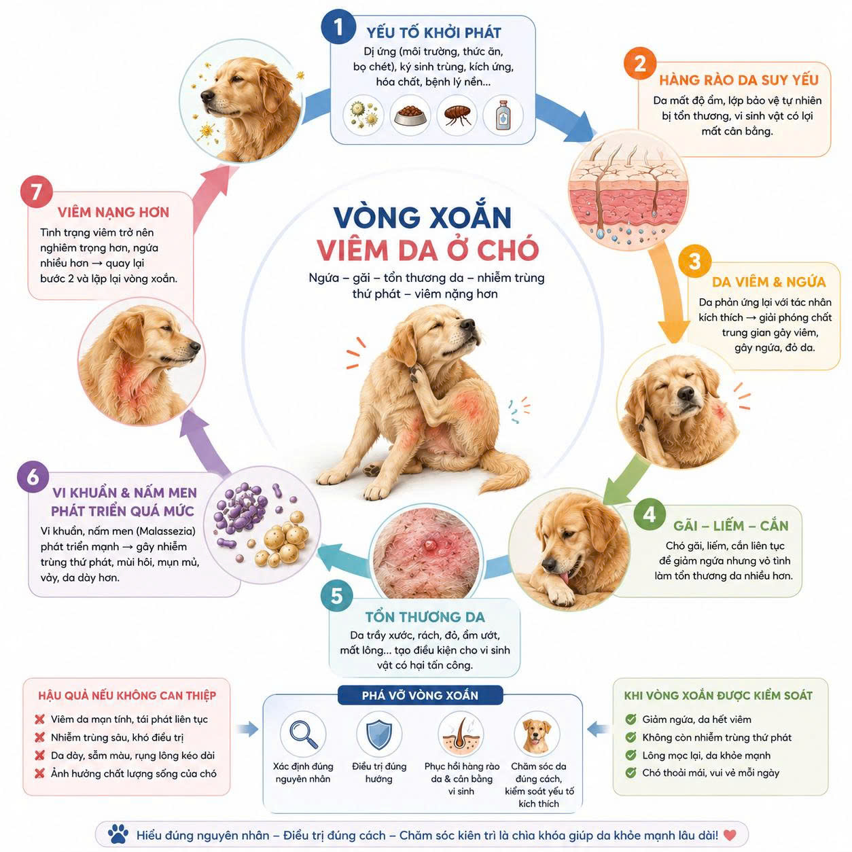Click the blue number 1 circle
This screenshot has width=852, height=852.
click(338, 27)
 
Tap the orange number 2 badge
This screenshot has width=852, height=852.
click(640, 64)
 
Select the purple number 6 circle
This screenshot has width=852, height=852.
click(33, 477)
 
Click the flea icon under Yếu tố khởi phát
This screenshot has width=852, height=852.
click(457, 115)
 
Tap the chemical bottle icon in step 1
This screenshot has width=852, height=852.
click(503, 115)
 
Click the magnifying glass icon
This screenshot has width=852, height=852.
click(303, 734)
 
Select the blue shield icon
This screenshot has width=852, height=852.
click(379, 734)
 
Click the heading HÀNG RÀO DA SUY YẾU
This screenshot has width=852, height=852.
click(739, 80)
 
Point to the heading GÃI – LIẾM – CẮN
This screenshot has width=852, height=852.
click(731, 526)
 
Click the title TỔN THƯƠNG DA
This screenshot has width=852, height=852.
click(425, 617)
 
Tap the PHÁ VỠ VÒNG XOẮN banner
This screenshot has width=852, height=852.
click(420, 696)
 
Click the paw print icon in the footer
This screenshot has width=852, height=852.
click(118, 834)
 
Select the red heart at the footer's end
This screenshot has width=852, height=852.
click(730, 835)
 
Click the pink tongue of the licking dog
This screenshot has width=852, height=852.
click(565, 578)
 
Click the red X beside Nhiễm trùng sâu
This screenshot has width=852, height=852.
click(40, 737)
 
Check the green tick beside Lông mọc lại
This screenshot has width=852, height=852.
click(631, 755)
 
